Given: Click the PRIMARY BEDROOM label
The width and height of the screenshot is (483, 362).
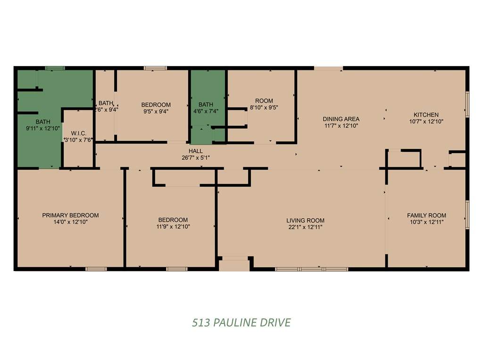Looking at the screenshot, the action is pyautogui.click(x=71, y=215).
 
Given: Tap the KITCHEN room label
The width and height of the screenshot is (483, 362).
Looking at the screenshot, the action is pyautogui.click(x=426, y=115).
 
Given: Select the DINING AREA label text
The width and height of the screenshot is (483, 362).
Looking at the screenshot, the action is pyautogui.click(x=341, y=119).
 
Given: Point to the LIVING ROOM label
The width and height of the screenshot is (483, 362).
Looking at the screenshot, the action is pyautogui.click(x=305, y=221).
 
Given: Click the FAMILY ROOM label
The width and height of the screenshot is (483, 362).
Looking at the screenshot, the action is pyautogui.click(x=426, y=215).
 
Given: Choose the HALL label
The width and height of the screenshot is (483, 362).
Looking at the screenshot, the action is pyautogui.click(x=196, y=151).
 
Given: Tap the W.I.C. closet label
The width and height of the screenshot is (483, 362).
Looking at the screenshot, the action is pyautogui.click(x=79, y=133).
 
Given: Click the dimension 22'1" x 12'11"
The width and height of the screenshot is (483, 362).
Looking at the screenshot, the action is pyautogui.click(x=305, y=227).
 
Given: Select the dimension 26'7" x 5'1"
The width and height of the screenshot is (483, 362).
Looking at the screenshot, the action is pyautogui.click(x=196, y=157).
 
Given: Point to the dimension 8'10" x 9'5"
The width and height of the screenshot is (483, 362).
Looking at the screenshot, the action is pyautogui.click(x=264, y=107).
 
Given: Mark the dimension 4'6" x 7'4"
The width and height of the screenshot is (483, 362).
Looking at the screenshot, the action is pyautogui.click(x=206, y=111).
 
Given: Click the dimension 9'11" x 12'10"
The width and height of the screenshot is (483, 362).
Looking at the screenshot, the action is pyautogui.click(x=43, y=128).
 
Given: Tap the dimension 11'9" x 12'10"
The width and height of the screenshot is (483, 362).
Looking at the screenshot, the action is pyautogui.click(x=173, y=227).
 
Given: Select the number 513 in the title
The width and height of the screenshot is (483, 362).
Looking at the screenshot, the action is pyautogui.click(x=201, y=322).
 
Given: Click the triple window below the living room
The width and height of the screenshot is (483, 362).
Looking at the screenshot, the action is pyautogui.click(x=312, y=269).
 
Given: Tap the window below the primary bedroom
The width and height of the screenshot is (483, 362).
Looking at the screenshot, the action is pyautogui.click(x=96, y=269).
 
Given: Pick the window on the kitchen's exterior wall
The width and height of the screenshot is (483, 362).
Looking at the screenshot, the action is pyautogui.click(x=467, y=104).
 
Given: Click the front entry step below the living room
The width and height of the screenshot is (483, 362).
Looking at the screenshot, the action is pyautogui.click(x=234, y=265).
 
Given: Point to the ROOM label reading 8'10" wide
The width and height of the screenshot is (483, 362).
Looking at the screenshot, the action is pyautogui.click(x=264, y=101).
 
